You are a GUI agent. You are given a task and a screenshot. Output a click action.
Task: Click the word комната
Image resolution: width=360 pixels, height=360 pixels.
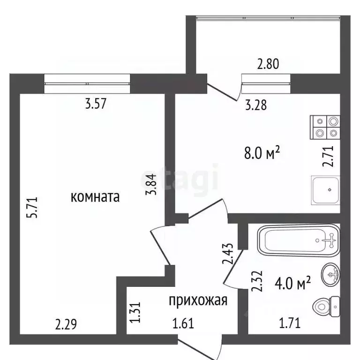[x=95, y=197]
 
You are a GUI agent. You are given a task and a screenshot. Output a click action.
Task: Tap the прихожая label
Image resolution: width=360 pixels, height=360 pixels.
[x=198, y=300]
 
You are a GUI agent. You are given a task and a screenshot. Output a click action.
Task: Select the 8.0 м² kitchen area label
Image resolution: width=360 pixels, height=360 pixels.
[x=262, y=153]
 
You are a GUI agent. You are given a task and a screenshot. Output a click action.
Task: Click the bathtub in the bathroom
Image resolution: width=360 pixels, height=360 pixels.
[x=299, y=240]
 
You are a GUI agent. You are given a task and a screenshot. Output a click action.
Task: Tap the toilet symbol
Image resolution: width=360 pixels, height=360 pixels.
[x=326, y=307]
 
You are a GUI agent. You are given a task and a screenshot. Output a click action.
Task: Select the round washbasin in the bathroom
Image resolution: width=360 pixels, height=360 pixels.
[x=331, y=274]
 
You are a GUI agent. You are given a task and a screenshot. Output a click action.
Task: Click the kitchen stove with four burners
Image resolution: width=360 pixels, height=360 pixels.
[x=325, y=127]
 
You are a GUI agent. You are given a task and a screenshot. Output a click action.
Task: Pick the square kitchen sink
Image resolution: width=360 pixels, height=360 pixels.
[x=326, y=190]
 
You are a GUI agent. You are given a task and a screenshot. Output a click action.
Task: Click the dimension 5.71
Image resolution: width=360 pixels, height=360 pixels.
[x=32, y=207]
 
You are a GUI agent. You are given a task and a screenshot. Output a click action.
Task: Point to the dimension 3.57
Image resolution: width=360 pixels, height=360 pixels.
[x=96, y=104]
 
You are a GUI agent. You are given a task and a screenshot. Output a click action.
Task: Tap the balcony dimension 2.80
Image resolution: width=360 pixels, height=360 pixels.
[x=268, y=64]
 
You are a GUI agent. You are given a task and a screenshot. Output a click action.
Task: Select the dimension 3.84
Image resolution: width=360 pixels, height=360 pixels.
[x=151, y=184]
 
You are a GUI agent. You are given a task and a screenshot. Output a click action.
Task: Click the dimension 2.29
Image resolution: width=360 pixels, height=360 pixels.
[x=66, y=324]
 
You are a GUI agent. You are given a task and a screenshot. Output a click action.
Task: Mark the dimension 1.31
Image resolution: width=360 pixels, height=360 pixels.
[x=135, y=312]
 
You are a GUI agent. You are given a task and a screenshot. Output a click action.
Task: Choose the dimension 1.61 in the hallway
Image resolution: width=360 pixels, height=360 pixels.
[x=183, y=323]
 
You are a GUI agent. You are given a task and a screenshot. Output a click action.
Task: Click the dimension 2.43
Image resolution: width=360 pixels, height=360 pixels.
[x=228, y=253]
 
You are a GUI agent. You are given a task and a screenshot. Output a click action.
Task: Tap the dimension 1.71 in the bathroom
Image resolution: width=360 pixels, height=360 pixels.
[x=290, y=323]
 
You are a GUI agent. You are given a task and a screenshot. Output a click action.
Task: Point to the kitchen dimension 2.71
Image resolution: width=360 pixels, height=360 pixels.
[x=328, y=156]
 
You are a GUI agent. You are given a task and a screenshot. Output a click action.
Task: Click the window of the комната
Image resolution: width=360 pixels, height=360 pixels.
[x=87, y=83]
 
